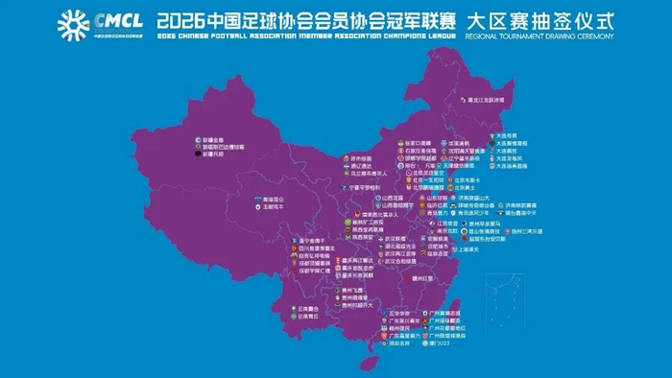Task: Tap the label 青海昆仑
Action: coord(272,199)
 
